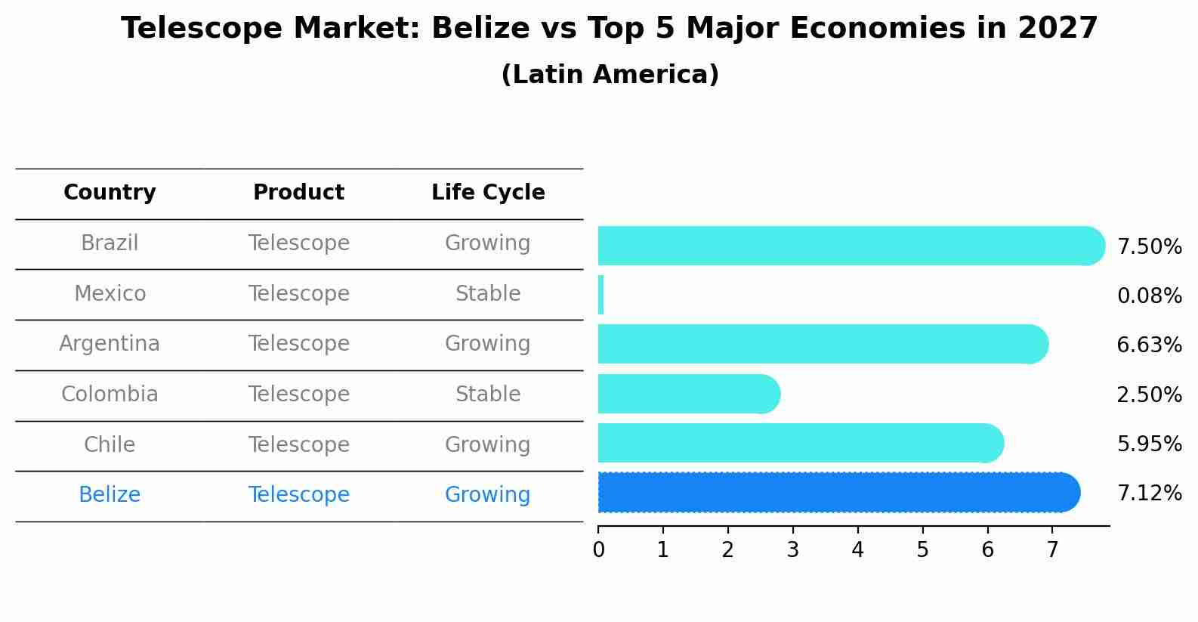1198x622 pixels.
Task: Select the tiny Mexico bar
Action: point(601,295)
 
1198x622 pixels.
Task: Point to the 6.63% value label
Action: point(1149,345)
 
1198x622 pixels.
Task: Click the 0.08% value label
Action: point(1149,296)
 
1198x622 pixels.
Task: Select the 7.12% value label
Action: point(1149,494)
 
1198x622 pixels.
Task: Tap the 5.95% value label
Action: point(1149,444)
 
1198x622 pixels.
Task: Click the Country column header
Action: point(110,193)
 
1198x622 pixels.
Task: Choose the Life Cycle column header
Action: point(488,193)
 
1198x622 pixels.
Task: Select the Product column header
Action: point(298,193)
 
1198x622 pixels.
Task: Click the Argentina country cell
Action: point(110,344)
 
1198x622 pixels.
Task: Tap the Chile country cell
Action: point(110,444)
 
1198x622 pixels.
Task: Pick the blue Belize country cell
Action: point(110,495)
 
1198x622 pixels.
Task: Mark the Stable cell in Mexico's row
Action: point(488,293)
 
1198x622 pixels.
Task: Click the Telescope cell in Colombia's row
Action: point(298,395)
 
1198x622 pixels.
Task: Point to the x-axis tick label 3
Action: point(792,550)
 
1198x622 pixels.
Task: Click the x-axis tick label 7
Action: point(1052,550)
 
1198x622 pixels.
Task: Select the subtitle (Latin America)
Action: point(610,75)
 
